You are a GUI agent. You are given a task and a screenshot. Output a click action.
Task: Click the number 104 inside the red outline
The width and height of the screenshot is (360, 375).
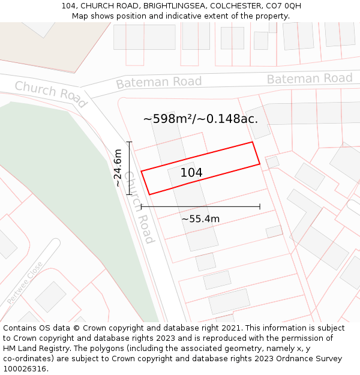click(191, 173)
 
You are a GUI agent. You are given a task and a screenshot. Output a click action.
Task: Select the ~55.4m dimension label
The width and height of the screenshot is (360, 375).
click(200, 219)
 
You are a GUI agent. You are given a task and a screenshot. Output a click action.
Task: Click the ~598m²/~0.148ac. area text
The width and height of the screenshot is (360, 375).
click(200, 119)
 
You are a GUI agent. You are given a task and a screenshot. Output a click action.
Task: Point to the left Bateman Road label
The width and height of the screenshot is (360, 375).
click(158, 82)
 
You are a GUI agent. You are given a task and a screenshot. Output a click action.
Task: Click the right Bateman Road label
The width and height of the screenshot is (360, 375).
click(309, 79)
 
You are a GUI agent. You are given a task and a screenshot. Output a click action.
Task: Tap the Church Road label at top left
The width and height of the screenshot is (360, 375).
click(50, 93)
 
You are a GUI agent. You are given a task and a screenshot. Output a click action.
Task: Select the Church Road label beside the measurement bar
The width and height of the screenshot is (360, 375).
click(139, 207)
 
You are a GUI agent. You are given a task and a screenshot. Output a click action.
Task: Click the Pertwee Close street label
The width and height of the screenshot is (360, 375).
click(25, 282)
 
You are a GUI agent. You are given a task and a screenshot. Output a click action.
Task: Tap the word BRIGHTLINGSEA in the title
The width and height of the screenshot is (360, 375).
click(175, 6)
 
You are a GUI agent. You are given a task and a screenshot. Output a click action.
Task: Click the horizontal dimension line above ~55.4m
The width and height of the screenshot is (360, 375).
click(200, 206)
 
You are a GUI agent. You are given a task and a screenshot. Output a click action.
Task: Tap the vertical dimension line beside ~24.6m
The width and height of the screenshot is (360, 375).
click(128, 169)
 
